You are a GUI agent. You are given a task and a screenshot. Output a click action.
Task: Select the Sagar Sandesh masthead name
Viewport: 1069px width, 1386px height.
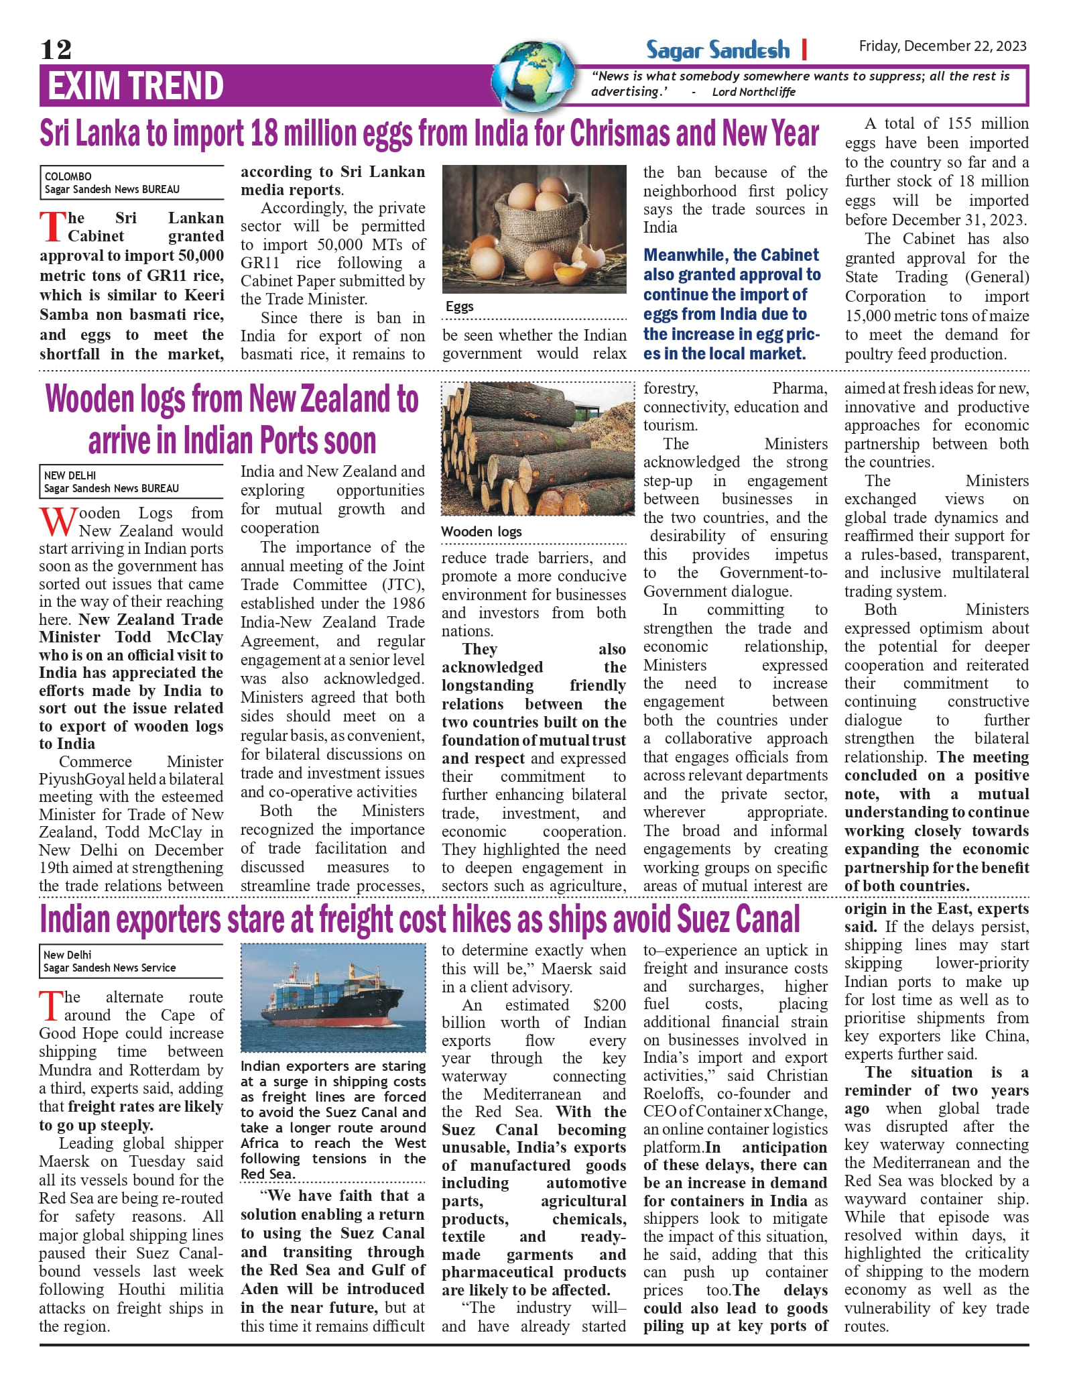[x=718, y=50]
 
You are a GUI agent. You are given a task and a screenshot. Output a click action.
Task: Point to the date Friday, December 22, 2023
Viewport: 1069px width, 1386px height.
[x=942, y=46]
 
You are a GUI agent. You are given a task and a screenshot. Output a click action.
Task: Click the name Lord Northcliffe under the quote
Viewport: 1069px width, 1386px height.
[x=753, y=92]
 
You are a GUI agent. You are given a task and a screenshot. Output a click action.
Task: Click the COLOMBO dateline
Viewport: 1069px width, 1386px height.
[x=68, y=176]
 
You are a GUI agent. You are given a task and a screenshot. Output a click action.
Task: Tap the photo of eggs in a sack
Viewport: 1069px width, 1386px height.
[x=534, y=229]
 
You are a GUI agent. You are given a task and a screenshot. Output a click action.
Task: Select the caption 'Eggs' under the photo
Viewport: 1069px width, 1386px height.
[x=460, y=306]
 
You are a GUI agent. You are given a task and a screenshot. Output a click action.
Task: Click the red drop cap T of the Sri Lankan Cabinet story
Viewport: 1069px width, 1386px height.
[x=52, y=227]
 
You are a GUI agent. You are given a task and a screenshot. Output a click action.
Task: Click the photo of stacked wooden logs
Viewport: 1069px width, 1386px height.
[x=538, y=449]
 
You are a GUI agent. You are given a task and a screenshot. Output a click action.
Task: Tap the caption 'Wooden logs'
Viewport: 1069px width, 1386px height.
[x=481, y=532]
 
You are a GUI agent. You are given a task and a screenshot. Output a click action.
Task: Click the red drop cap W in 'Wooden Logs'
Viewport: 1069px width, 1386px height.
[x=55, y=522]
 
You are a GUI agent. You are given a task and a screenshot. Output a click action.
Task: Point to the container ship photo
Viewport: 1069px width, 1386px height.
[x=333, y=997]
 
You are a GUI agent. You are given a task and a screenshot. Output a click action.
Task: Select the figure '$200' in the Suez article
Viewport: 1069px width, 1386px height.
[x=609, y=1005]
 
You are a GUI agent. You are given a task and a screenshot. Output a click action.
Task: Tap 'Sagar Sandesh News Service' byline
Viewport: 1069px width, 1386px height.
[x=109, y=968]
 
